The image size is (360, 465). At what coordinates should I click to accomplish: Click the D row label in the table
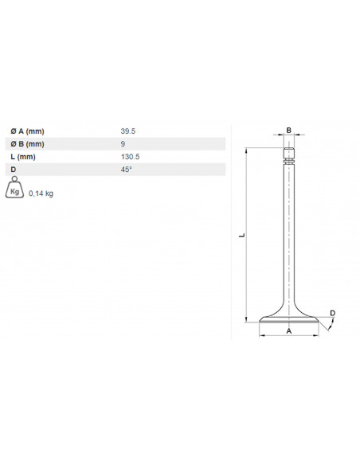tap(13, 170)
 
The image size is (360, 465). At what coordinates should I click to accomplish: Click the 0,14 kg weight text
tap(41, 193)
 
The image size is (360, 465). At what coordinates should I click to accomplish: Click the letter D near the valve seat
tap(332, 312)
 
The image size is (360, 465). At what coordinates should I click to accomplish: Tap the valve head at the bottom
tap(289, 318)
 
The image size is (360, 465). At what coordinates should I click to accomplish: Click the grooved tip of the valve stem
tap(289, 157)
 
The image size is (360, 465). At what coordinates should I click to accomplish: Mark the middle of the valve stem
tap(289, 239)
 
